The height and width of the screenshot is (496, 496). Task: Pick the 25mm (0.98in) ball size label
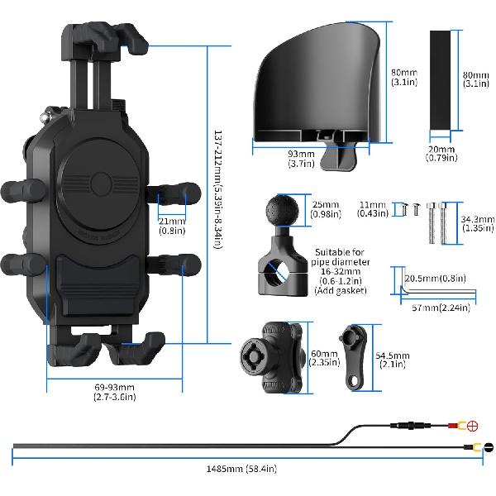[x=327, y=210]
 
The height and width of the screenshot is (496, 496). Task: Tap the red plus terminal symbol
[x=474, y=427]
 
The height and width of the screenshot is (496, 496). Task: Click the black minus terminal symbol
[x=488, y=449]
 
